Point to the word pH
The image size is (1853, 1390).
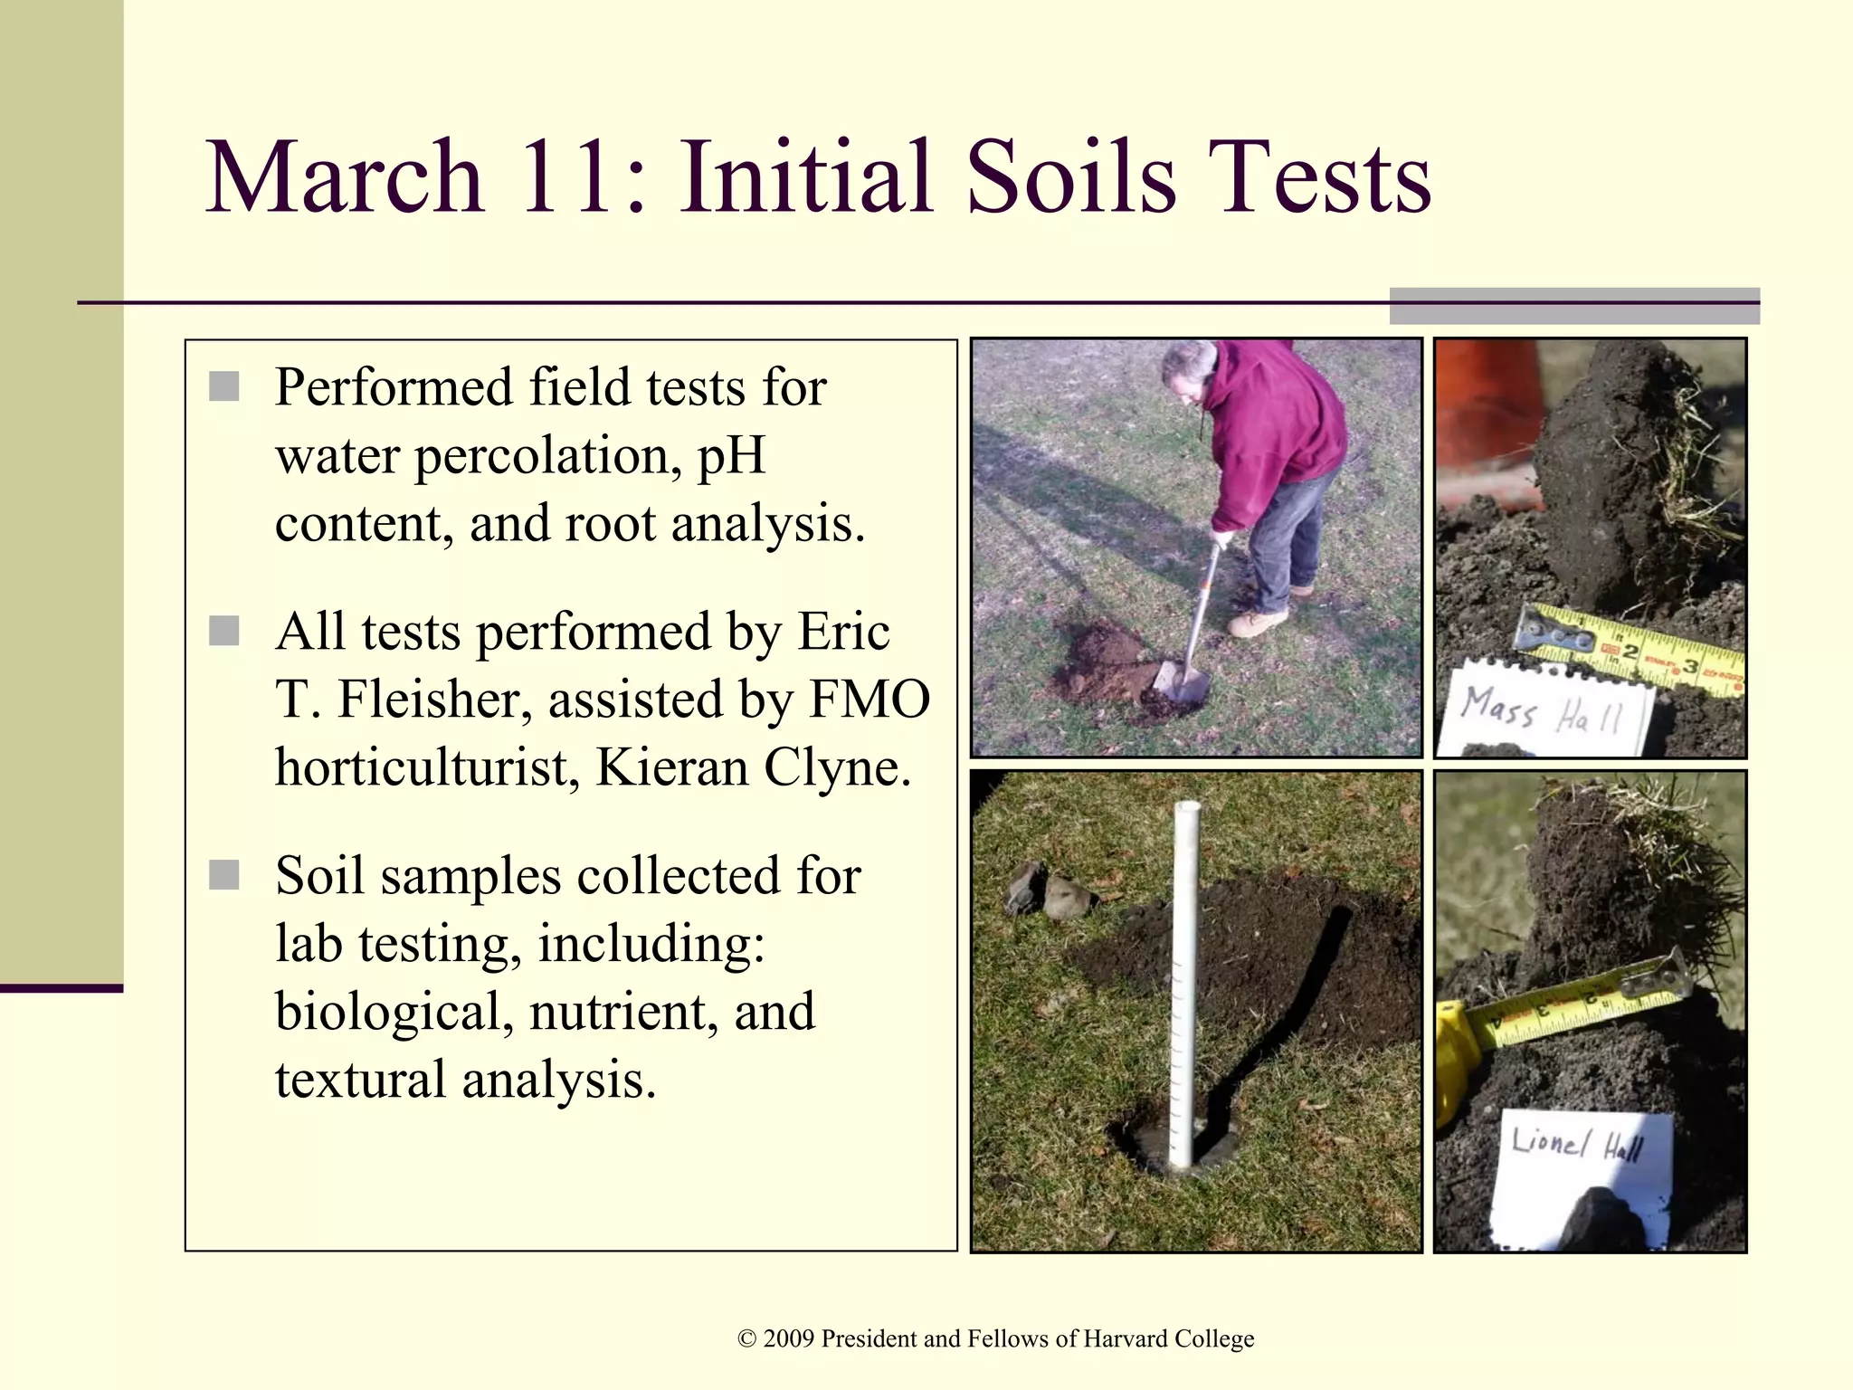731,455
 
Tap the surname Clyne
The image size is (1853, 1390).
836,767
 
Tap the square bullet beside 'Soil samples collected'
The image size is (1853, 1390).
224,875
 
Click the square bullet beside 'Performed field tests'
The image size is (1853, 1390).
224,386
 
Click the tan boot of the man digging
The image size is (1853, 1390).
1258,623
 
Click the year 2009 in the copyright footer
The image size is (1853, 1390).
788,1338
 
